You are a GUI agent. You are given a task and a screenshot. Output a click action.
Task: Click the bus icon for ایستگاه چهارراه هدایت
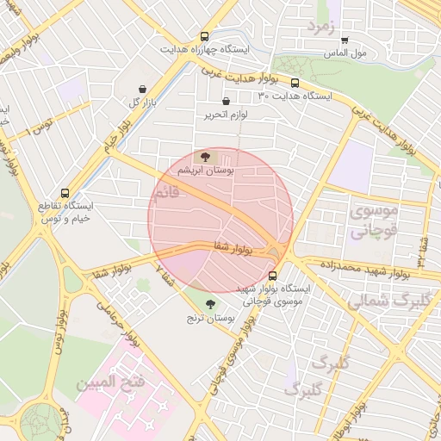pyautogui.click(x=204, y=37)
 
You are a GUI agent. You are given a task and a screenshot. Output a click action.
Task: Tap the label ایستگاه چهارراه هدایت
pyautogui.click(x=204, y=50)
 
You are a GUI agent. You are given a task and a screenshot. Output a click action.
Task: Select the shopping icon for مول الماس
pyautogui.click(x=345, y=40)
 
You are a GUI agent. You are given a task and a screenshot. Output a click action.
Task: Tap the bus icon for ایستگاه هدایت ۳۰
pyautogui.click(x=295, y=84)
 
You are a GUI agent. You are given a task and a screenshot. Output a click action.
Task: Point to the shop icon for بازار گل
pyautogui.click(x=143, y=89)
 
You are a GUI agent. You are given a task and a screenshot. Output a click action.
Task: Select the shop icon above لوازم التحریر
pyautogui.click(x=227, y=101)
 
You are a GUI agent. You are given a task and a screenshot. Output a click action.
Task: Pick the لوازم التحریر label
pyautogui.click(x=227, y=115)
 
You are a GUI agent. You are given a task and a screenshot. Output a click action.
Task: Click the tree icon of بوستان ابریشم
pyautogui.click(x=205, y=157)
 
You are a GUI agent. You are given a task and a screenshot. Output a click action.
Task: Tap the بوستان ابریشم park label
pyautogui.click(x=205, y=171)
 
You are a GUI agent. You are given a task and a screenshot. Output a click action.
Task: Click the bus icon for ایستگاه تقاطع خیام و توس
pyautogui.click(x=66, y=194)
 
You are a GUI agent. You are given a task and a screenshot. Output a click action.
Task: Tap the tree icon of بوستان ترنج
pyautogui.click(x=212, y=301)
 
